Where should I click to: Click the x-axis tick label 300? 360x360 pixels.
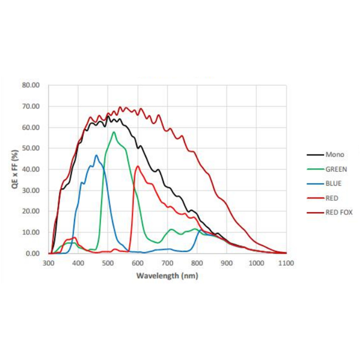click(x=48, y=263)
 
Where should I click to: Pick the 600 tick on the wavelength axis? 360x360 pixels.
click(x=137, y=263)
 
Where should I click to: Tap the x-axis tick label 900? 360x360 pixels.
click(x=226, y=263)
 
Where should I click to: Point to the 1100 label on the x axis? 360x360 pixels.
click(x=286, y=263)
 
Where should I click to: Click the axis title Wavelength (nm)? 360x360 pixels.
click(x=167, y=275)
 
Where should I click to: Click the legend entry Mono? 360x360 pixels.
click(x=334, y=154)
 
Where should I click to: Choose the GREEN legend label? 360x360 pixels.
click(x=336, y=169)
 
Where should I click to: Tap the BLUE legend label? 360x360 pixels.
click(x=333, y=183)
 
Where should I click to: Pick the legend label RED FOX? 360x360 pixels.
click(x=339, y=212)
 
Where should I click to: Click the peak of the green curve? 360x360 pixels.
click(x=114, y=132)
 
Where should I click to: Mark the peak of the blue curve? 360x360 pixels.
click(x=96, y=156)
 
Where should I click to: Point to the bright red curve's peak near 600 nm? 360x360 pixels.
click(x=138, y=166)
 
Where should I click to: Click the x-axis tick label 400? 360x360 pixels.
click(x=78, y=263)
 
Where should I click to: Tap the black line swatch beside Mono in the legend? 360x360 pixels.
click(x=315, y=155)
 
